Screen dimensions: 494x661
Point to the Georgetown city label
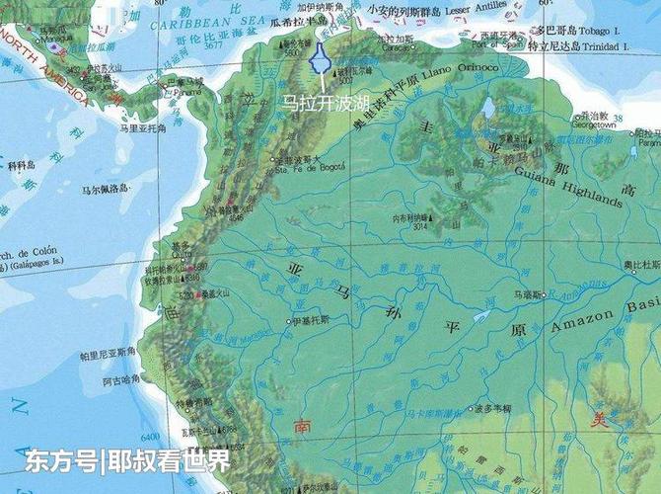coord(594,125)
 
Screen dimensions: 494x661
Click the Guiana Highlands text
coord(568,188)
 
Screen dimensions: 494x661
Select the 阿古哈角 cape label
coord(117,379)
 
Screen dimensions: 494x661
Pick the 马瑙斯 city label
coord(527,294)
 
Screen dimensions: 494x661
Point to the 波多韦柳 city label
coord(492,407)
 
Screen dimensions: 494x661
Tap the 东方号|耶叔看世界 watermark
coord(127,460)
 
